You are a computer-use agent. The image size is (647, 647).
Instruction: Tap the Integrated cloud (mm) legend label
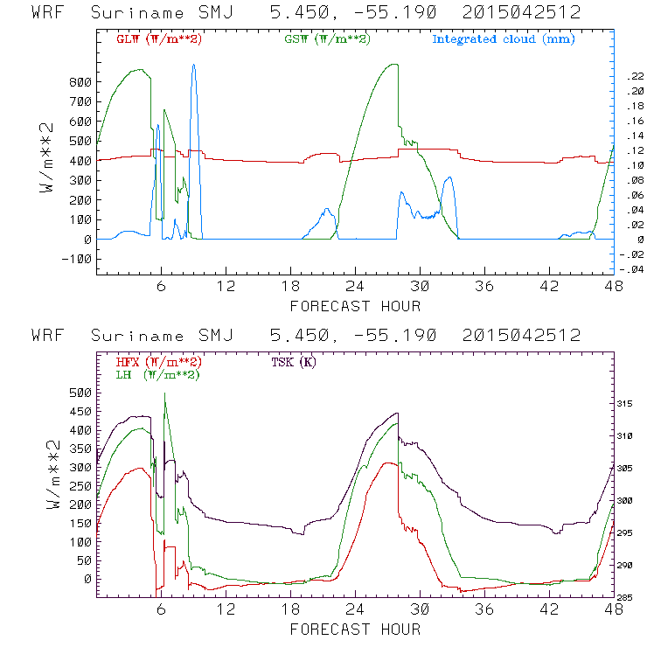pyautogui.click(x=504, y=39)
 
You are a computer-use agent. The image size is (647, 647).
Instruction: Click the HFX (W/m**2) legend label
pyautogui.click(x=159, y=362)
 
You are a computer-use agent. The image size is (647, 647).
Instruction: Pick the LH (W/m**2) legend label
pyautogui.click(x=158, y=374)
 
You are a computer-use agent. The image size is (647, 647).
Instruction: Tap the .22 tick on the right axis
pyautogui.click(x=633, y=77)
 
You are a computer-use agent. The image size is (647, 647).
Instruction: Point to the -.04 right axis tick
pyautogui.click(x=631, y=269)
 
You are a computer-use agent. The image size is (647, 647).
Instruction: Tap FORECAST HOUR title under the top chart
pyautogui.click(x=355, y=306)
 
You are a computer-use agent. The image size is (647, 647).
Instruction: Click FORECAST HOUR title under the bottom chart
pyautogui.click(x=355, y=630)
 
